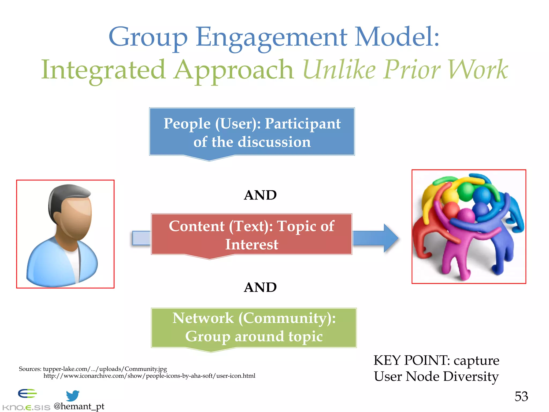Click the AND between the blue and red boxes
point(260,195)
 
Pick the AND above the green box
point(260,287)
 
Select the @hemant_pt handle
point(79,406)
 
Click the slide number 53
point(521,396)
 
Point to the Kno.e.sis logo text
point(26,407)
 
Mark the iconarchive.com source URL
point(149,376)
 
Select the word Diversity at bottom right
point(471,376)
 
